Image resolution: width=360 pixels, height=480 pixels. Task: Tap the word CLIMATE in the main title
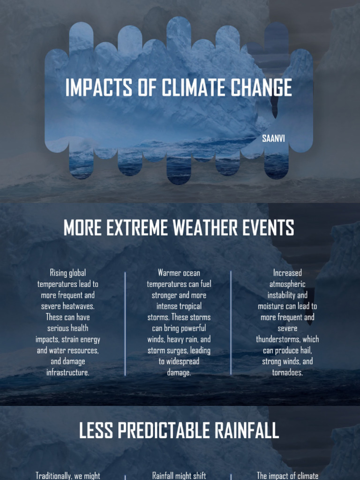point(196,88)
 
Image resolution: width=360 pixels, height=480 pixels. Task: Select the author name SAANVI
point(273,139)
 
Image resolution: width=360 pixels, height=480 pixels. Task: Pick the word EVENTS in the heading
point(270,228)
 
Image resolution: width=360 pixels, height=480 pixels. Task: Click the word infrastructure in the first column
point(67,373)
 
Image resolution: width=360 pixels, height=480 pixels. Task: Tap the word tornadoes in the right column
point(287,373)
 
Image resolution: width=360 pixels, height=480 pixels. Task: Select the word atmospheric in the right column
point(287,284)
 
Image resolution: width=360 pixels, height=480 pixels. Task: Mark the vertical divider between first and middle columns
point(125,323)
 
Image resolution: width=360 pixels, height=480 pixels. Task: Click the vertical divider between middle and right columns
point(231,323)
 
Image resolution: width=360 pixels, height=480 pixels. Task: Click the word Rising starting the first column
point(59,273)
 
